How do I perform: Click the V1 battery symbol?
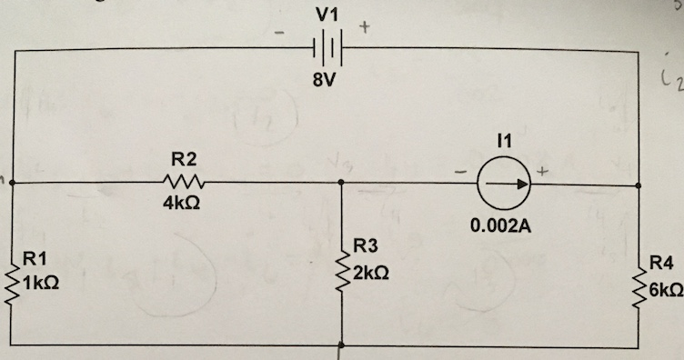coord(324,46)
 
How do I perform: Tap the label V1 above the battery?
coord(325,15)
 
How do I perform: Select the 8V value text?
coord(324,80)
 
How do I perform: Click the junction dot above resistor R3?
coord(340,183)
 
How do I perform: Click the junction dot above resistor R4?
coord(639,184)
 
